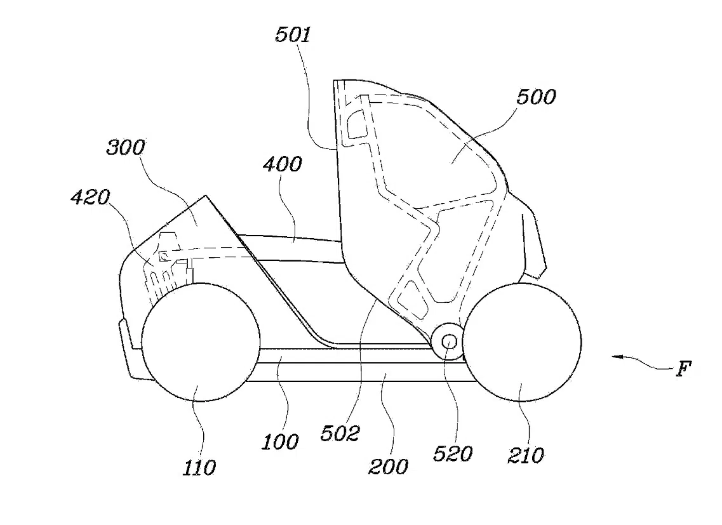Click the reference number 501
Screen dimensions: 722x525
pyautogui.click(x=293, y=35)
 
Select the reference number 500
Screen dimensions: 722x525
pyautogui.click(x=536, y=97)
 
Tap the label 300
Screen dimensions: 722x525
pyautogui.click(x=126, y=147)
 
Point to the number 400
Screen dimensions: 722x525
pyautogui.click(x=283, y=164)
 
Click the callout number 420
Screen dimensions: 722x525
pyautogui.click(x=90, y=197)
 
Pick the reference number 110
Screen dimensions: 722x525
pyautogui.click(x=199, y=468)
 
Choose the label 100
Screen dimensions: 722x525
pyautogui.click(x=280, y=442)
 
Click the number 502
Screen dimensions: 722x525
pyautogui.click(x=340, y=434)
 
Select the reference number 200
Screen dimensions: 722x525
pyautogui.click(x=388, y=467)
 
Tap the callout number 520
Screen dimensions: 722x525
pyautogui.click(x=453, y=454)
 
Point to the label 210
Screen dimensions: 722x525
pyautogui.click(x=526, y=455)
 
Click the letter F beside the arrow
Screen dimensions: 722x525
pyautogui.click(x=684, y=369)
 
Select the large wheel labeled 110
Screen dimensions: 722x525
pyautogui.click(x=201, y=342)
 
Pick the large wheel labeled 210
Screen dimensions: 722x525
pyautogui.click(x=522, y=342)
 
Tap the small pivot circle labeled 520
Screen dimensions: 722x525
pyautogui.click(x=450, y=342)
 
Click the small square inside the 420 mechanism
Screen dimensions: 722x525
pyautogui.click(x=163, y=256)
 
